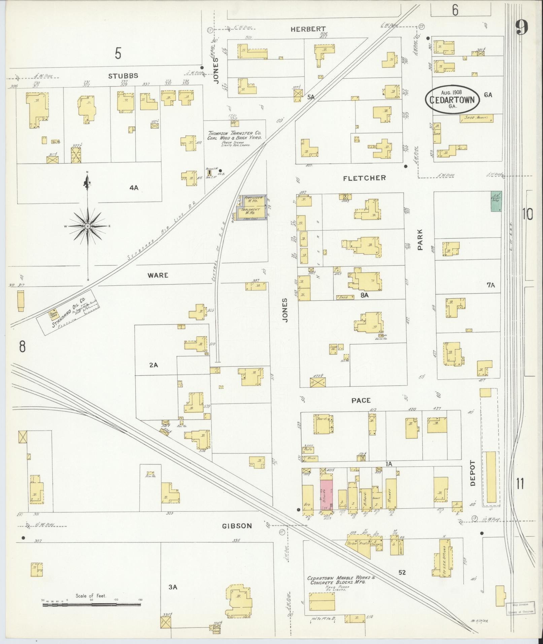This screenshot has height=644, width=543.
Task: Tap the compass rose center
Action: (x=88, y=226)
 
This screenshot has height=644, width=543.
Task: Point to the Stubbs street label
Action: (x=123, y=76)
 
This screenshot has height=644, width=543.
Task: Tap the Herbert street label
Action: (x=308, y=29)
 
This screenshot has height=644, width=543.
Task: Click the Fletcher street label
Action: (x=364, y=178)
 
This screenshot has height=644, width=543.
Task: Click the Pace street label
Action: (x=361, y=400)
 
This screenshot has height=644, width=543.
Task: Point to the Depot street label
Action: (x=472, y=473)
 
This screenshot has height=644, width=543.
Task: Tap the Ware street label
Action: (x=158, y=275)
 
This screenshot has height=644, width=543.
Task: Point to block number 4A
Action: (x=134, y=188)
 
